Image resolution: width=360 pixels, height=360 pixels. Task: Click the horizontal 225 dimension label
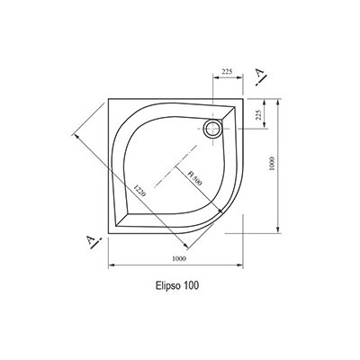227,71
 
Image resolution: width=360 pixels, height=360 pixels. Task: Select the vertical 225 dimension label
258,114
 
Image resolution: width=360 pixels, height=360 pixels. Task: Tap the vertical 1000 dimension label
272,164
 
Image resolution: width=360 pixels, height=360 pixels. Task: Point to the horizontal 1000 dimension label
179,258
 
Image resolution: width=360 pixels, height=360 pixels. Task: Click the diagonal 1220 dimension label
139,191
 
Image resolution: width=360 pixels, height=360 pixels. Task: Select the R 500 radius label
194,178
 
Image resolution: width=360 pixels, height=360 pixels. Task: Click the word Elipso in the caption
168,285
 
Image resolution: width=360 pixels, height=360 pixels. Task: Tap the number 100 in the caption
191,285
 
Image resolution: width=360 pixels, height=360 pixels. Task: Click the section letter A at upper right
259,74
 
